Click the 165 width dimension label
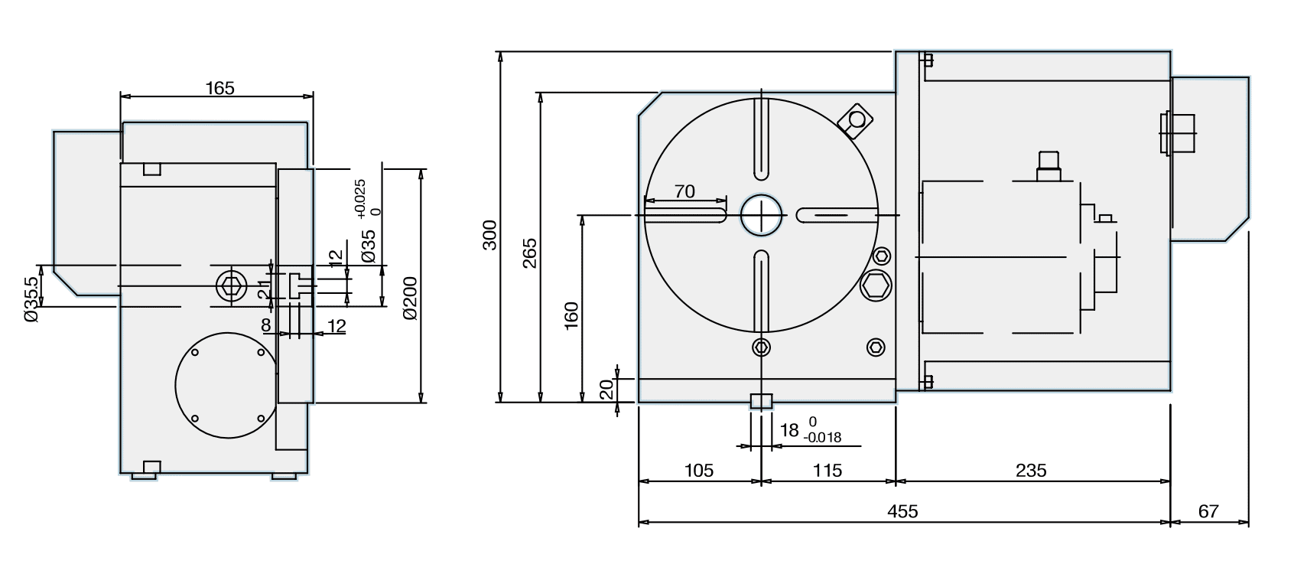click(x=219, y=88)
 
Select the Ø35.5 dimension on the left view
click(x=31, y=300)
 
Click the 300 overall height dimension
click(x=490, y=235)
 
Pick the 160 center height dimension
click(x=571, y=315)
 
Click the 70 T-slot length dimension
click(x=684, y=191)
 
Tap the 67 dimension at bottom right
click(x=1208, y=511)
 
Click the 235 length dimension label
click(x=1031, y=470)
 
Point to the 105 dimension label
click(x=697, y=470)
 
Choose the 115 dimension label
click(x=827, y=470)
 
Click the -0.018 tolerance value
click(x=822, y=439)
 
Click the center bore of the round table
click(x=762, y=215)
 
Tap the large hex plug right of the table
click(x=876, y=287)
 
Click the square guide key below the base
click(x=761, y=401)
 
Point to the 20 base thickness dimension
click(x=606, y=390)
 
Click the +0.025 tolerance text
click(x=360, y=198)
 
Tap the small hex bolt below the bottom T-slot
click(x=761, y=347)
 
